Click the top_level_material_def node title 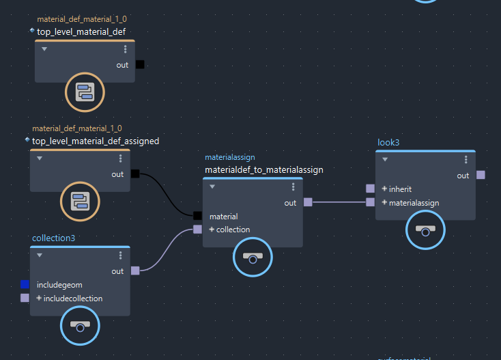tap(81, 31)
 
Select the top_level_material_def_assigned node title tap(96, 141)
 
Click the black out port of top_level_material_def tap(140, 65)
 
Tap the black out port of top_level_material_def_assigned tap(135, 174)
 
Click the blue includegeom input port tap(25, 284)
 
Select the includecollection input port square tap(25, 299)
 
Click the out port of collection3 tap(135, 271)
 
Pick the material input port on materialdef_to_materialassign tap(197, 217)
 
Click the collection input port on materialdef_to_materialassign tap(197, 230)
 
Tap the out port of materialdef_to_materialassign tap(308, 202)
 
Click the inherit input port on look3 tap(370, 189)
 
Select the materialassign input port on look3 tap(370, 202)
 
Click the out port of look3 tap(481, 175)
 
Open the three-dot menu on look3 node tap(466, 159)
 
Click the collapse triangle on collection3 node tap(40, 255)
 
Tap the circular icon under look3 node tap(425, 231)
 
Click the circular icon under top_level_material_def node tap(85, 92)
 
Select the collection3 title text tap(53, 238)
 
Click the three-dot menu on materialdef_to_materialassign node tap(293, 186)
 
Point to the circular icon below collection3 tap(80, 327)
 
